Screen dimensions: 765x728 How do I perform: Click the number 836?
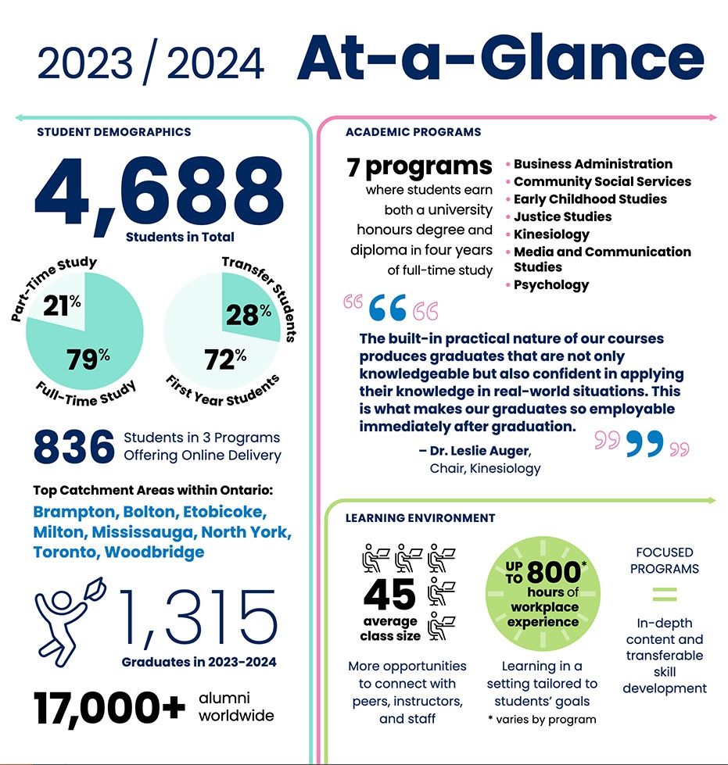click(74, 447)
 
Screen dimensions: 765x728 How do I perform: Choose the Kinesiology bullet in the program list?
click(550, 234)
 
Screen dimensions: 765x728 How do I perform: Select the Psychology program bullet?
click(550, 284)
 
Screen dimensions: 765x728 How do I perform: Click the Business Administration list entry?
click(592, 164)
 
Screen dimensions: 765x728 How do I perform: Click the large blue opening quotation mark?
click(387, 309)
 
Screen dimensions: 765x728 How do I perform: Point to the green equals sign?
click(664, 595)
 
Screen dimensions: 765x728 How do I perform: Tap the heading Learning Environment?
click(420, 518)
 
